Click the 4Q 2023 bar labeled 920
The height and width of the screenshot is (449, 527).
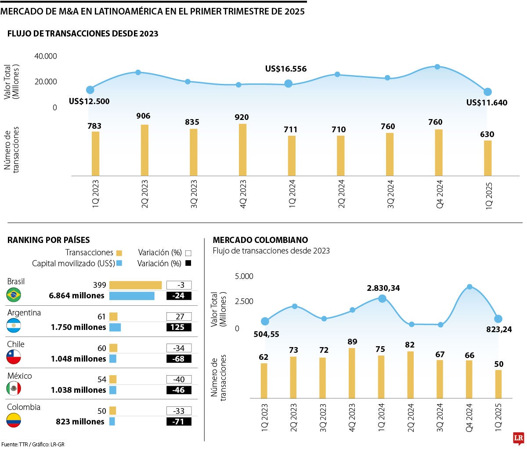tap(242, 150)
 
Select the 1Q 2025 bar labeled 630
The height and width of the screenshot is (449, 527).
tap(487, 158)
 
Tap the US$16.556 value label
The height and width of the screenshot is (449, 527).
tap(286, 69)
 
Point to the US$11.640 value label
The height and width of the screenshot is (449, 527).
tap(487, 103)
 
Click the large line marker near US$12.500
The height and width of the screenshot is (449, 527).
tap(90, 90)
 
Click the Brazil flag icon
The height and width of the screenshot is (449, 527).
tap(14, 294)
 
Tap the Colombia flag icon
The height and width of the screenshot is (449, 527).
tap(14, 420)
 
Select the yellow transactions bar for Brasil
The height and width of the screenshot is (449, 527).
tap(135, 285)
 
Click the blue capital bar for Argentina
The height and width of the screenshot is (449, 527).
tap(115, 327)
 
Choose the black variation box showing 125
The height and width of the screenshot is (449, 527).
tap(179, 327)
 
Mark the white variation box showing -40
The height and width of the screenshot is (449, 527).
tap(179, 380)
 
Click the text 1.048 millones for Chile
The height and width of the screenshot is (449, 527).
tap(78, 359)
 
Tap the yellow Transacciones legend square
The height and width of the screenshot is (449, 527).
tap(119, 253)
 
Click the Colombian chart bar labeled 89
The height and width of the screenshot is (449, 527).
tap(352, 373)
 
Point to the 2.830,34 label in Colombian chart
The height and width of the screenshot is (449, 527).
tap(383, 288)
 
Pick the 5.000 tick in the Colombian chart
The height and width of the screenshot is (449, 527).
tap(244, 276)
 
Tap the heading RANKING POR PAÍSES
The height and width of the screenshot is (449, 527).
tap(48, 240)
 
